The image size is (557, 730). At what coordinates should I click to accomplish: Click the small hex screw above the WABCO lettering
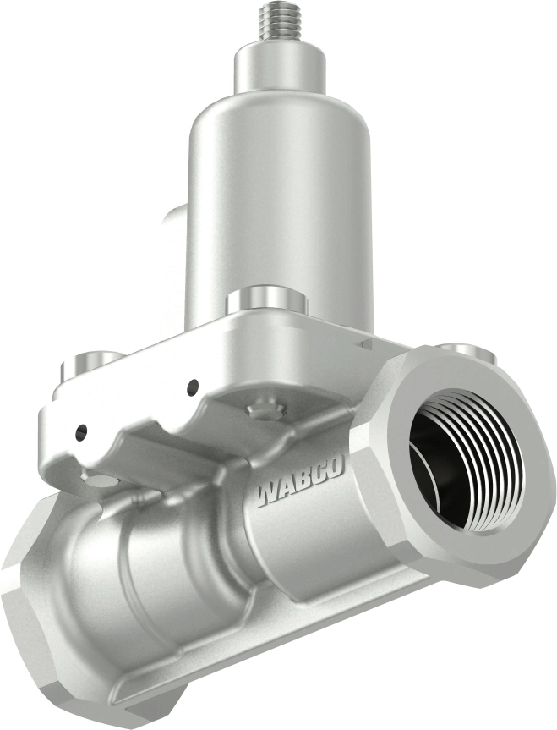coord(263,411)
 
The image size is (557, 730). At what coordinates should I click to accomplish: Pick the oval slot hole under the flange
coord(101,480)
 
